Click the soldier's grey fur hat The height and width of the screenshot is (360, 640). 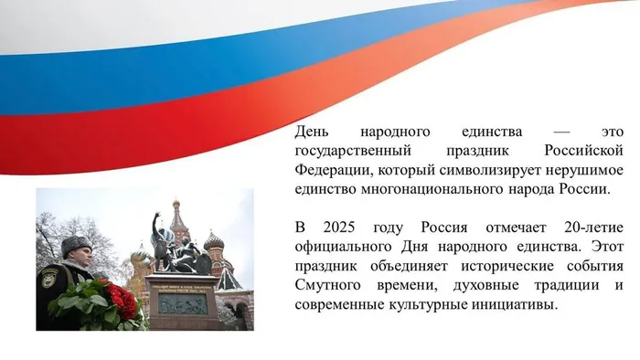tap(74, 244)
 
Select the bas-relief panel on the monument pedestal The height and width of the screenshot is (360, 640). tap(181, 303)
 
